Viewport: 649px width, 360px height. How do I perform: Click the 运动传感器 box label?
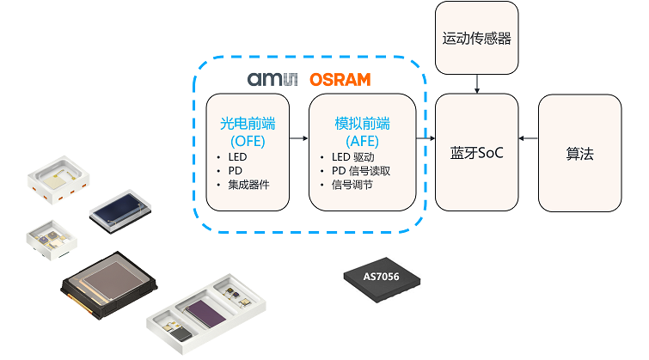point(477,38)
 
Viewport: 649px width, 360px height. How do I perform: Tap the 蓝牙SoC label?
point(477,154)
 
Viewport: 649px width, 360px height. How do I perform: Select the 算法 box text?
point(579,154)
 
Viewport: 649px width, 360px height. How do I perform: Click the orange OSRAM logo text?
point(340,80)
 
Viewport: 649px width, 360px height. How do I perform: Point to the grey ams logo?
point(272,80)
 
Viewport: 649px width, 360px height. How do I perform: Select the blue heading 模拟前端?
point(362,124)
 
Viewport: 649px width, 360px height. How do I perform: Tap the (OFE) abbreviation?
point(247,140)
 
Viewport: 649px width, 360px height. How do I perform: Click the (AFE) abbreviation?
point(362,140)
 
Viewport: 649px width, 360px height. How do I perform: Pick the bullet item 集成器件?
point(248,185)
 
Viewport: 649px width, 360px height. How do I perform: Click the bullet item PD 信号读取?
point(361,171)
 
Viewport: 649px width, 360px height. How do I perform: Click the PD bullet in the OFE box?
point(235,171)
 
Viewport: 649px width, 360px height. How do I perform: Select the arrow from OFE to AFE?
point(299,137)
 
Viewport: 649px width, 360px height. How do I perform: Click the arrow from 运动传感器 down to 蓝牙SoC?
point(477,83)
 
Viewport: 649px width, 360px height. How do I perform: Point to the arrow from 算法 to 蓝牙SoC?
point(529,137)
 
